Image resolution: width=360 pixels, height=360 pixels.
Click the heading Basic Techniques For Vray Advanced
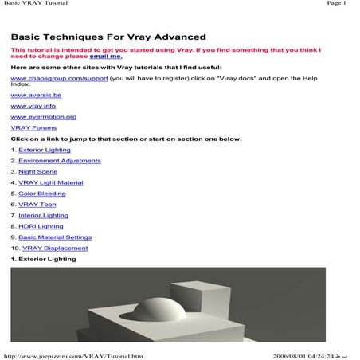[108, 37]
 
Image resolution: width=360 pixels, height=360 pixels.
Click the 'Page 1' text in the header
[337, 5]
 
